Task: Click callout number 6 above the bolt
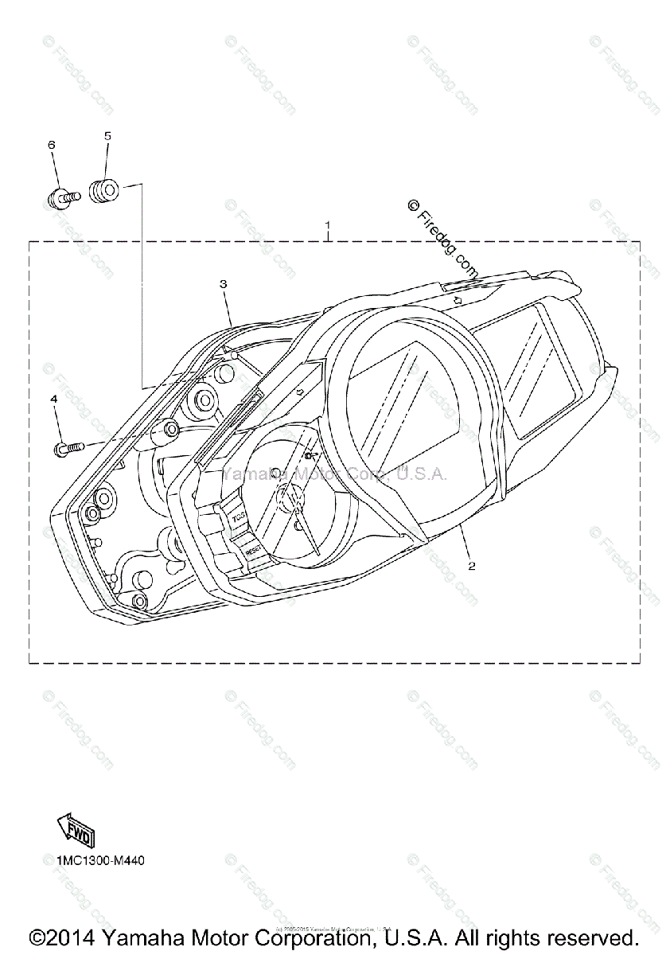pyautogui.click(x=52, y=145)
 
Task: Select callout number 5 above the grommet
pyautogui.click(x=107, y=136)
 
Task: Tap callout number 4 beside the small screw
pyautogui.click(x=54, y=398)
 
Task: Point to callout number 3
pyautogui.click(x=224, y=283)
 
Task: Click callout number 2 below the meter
pyautogui.click(x=472, y=567)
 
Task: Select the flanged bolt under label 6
pyautogui.click(x=62, y=197)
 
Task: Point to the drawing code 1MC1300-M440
pyautogui.click(x=100, y=860)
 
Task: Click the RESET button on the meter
pyautogui.click(x=253, y=549)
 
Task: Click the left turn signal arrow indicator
pyautogui.click(x=298, y=392)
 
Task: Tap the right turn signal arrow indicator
pyautogui.click(x=459, y=301)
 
